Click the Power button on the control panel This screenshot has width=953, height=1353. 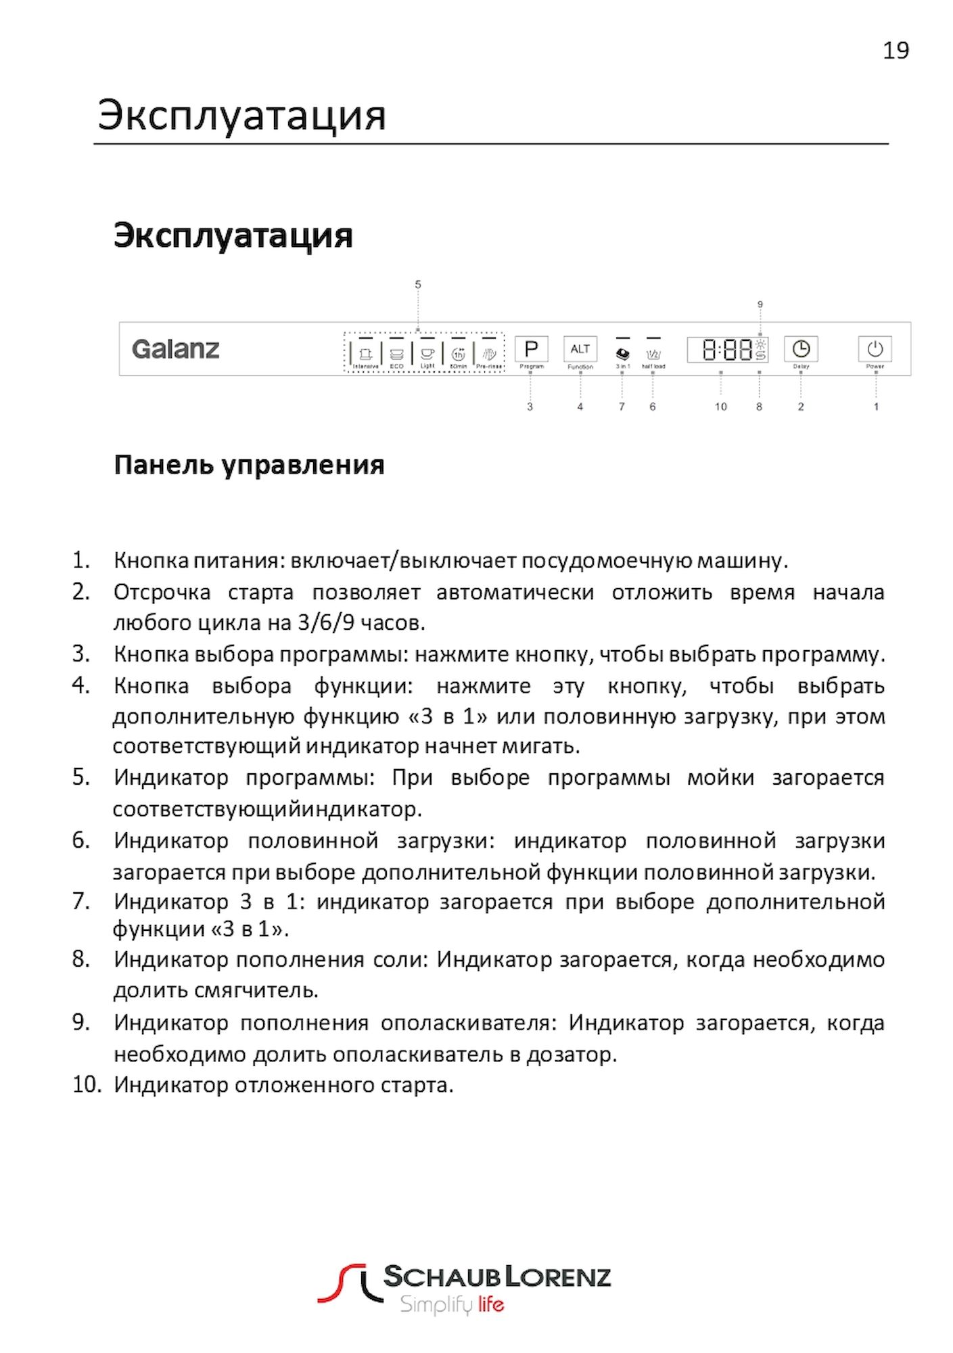[875, 349]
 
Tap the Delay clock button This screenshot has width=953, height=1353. [801, 349]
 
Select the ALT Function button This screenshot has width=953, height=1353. [580, 349]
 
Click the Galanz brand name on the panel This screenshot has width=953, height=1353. [176, 349]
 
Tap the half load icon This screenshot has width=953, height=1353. [653, 354]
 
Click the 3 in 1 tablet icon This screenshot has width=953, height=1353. [622, 354]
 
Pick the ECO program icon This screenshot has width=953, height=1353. [396, 354]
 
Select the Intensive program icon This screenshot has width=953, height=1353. [366, 354]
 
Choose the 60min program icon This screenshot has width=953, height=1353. [458, 354]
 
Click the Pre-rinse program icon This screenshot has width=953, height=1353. [489, 354]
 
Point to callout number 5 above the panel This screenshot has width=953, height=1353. [418, 285]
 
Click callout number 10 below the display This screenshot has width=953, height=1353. [721, 407]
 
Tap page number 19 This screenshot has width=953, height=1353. [896, 51]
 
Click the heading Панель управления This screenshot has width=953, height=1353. [249, 465]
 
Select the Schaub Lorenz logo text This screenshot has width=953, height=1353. [497, 1277]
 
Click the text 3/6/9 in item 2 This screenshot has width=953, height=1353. [326, 622]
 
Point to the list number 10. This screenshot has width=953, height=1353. [86, 1084]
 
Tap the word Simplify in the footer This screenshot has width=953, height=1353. [436, 1304]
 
